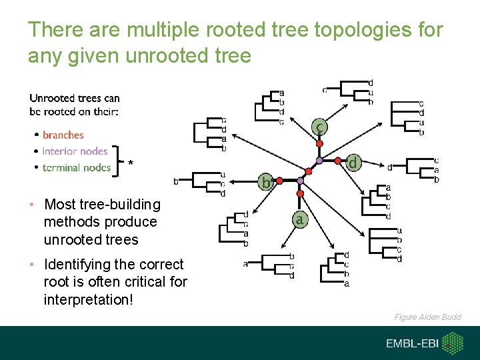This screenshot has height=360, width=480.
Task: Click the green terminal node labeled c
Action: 321,126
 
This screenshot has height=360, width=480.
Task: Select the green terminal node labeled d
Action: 354,163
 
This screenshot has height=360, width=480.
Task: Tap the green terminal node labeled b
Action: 265,182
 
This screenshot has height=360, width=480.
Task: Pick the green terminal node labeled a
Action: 301,218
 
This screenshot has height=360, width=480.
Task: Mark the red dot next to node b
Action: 280,181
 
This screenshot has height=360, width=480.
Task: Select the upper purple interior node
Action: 319,161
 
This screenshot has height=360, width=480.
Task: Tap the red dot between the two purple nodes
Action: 310,171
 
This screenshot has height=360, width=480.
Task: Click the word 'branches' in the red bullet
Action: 63,135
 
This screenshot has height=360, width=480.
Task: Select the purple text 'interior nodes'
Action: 75,151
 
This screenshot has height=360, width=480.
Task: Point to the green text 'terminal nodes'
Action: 76,167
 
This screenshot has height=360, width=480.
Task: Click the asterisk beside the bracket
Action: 131,164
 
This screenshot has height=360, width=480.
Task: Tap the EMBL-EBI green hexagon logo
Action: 453,344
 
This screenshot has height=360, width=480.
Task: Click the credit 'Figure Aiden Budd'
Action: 427,317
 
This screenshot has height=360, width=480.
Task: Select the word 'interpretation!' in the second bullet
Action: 89,299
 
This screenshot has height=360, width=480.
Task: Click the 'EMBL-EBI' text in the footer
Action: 411,344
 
